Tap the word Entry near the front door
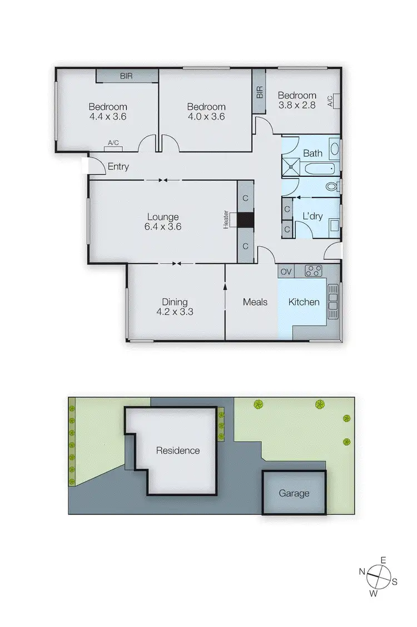tap(118, 166)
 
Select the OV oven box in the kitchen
tap(286, 271)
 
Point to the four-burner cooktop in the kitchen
tap(314, 271)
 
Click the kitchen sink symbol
tap(333, 302)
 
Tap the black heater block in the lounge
tap(245, 220)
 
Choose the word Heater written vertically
tap(226, 219)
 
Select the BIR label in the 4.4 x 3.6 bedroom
tap(126, 76)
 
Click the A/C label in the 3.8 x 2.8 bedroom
tap(330, 101)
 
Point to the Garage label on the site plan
tap(294, 493)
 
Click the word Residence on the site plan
tap(177, 451)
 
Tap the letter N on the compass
tap(362, 571)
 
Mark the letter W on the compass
tap(374, 594)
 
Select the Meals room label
tap(255, 302)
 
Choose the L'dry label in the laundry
tap(313, 215)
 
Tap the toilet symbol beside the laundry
tap(332, 186)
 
